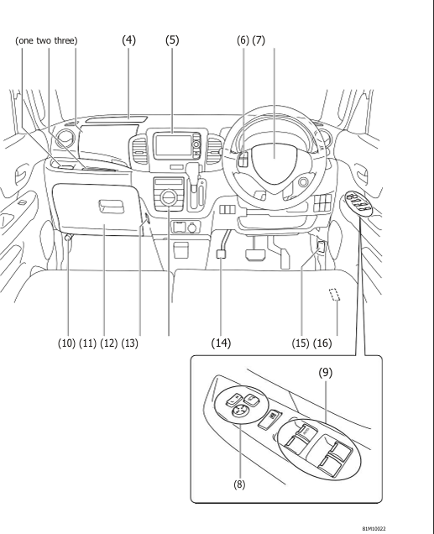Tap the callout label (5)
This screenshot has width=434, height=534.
point(173,40)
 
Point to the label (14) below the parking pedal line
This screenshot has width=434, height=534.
point(222,343)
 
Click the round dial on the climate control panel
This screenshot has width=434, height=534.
point(169,198)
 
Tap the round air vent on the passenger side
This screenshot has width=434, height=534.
point(65,139)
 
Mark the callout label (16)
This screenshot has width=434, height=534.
point(335,343)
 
